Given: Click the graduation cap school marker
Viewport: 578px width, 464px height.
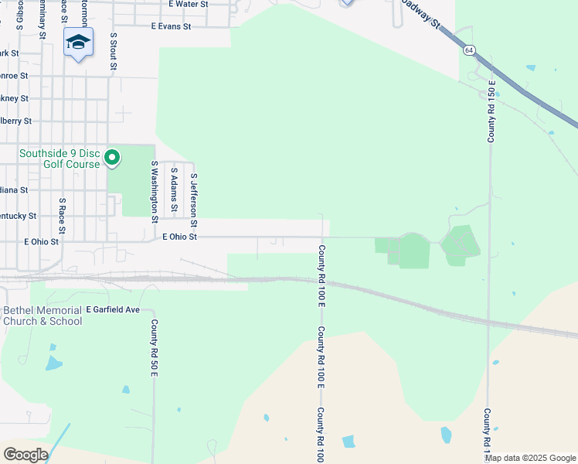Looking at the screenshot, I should tap(78, 42).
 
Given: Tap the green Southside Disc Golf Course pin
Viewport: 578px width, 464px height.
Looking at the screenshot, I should tap(112, 159).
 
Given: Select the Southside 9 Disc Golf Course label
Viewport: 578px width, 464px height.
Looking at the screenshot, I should tap(59, 159).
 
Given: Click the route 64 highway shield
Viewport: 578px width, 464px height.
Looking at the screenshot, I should tap(469, 49).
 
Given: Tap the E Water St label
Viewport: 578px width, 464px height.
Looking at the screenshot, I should tap(189, 4).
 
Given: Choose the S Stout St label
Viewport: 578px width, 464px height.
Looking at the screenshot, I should tap(114, 51).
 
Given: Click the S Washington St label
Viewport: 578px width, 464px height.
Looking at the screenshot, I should tap(155, 192).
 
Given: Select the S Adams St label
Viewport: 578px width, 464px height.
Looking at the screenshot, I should tap(175, 189).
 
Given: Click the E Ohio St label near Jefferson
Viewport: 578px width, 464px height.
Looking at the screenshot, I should tap(180, 237).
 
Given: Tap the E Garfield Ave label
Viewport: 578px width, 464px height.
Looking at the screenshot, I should tap(112, 309).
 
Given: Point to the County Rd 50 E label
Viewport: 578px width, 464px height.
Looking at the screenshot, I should tap(155, 348).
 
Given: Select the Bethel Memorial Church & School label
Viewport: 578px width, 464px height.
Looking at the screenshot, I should tap(42, 316).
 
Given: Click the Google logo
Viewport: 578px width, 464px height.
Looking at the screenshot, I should tap(25, 455).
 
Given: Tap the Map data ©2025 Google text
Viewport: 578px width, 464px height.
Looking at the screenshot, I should tap(531, 458).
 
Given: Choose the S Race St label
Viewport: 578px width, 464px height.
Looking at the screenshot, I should tap(63, 220).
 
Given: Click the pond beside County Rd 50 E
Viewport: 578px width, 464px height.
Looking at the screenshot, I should tap(126, 390).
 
